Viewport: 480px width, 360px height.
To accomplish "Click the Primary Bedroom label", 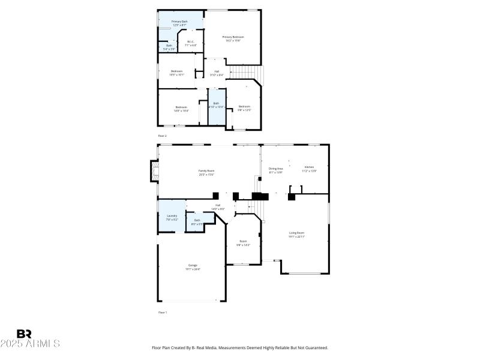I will click(x=233, y=37).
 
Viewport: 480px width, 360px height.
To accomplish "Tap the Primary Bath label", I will click(x=179, y=22).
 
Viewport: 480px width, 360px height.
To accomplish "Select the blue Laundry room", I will click(x=172, y=217).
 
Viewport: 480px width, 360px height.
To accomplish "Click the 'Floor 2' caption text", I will click(x=162, y=136).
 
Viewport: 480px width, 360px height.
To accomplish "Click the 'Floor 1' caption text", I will click(x=162, y=313).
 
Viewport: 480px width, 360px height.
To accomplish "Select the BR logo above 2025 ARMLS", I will click(x=24, y=334).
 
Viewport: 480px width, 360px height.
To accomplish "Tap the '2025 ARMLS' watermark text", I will click(x=30, y=344).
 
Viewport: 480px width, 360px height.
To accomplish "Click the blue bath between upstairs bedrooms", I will click(x=217, y=107).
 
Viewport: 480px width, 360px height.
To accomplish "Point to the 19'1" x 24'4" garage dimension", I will click(x=193, y=269).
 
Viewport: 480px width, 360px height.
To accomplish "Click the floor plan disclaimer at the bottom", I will click(x=240, y=347).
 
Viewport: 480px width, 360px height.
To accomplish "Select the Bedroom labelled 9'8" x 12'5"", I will click(x=244, y=108).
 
